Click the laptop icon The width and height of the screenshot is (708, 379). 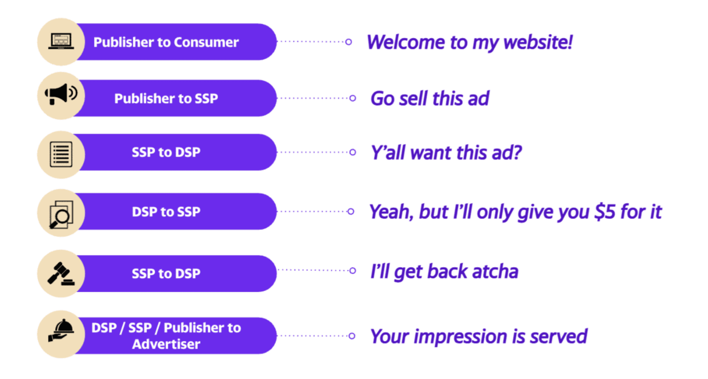(61, 42)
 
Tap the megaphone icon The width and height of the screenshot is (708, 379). (61, 94)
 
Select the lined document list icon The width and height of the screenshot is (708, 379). (61, 154)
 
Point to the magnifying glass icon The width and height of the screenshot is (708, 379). (61, 214)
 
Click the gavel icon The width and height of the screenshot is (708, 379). (61, 274)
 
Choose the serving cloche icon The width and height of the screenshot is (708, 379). (61, 330)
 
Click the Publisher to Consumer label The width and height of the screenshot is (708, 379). (166, 42)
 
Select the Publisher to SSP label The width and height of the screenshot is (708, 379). (166, 98)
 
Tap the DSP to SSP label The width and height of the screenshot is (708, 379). (166, 211)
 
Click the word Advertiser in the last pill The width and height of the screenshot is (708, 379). (166, 344)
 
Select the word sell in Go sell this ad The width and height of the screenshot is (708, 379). (413, 98)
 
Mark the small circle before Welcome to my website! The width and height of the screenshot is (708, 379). (349, 42)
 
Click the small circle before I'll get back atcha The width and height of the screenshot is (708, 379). (353, 270)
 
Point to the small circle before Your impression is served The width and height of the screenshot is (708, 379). (352, 336)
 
